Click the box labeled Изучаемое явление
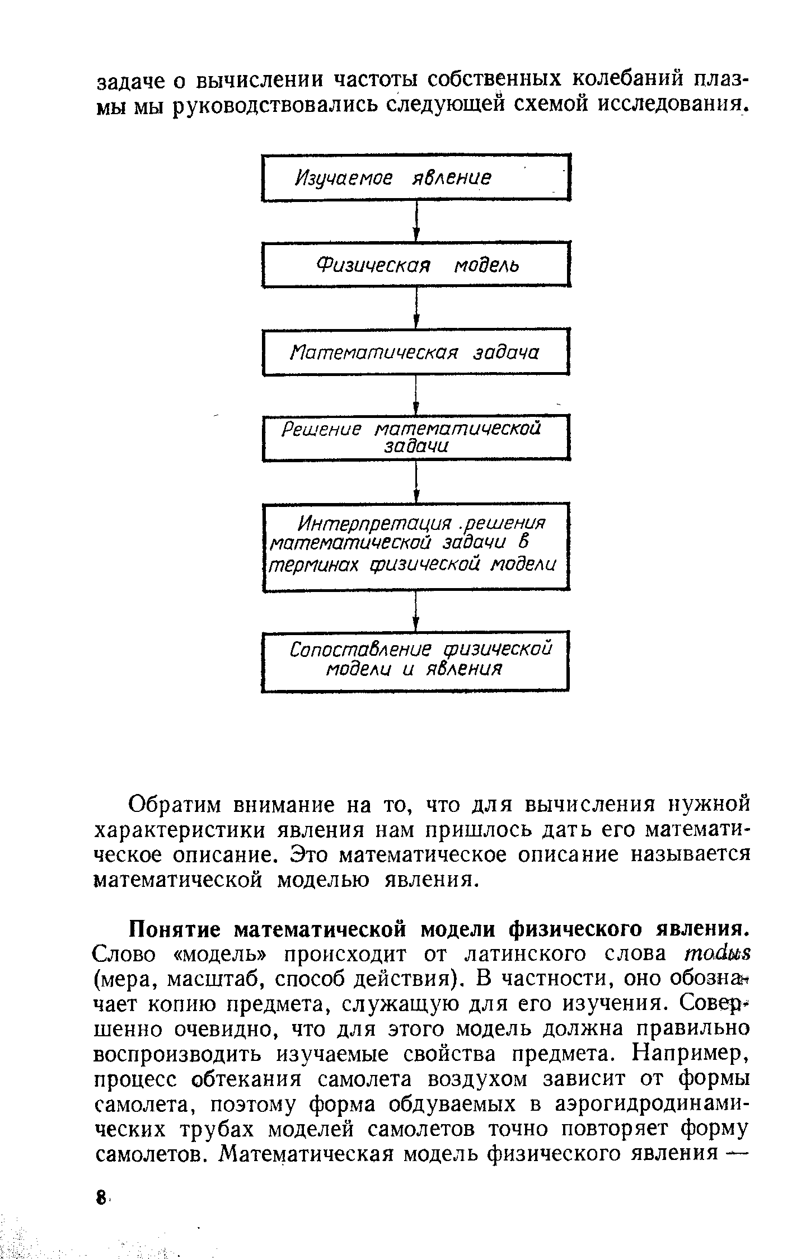(x=415, y=177)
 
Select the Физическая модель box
(x=415, y=264)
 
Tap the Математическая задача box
(x=415, y=352)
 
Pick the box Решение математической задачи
(x=415, y=438)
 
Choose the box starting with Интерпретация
(x=415, y=546)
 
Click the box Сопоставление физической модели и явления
(x=415, y=660)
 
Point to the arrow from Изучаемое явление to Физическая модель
(x=415, y=221)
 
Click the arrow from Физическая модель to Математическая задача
(x=415, y=308)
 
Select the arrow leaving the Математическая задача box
(x=415, y=395)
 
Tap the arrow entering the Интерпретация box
(x=415, y=482)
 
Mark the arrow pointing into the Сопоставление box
(x=415, y=610)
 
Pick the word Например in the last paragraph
(x=690, y=1054)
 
